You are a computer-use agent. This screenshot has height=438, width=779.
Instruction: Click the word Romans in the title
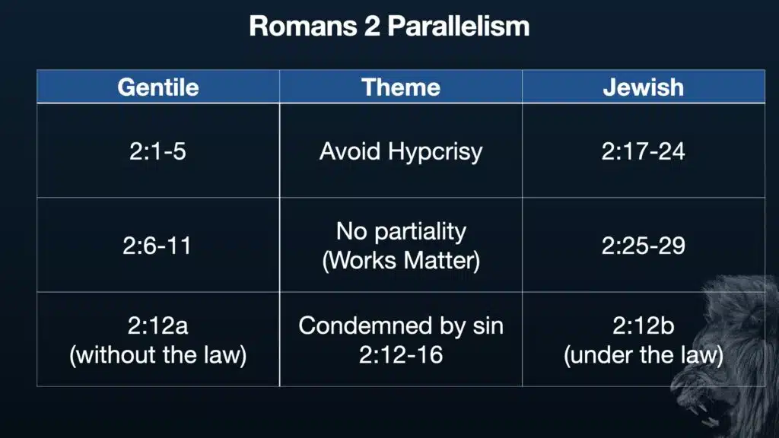pos(303,26)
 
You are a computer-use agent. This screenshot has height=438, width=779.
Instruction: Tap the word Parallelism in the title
pos(459,26)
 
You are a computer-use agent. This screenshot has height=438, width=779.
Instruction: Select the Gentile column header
pos(158,87)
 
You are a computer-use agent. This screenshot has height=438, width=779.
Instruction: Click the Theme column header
pos(401,87)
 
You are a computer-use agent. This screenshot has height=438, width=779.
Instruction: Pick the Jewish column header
pos(644,87)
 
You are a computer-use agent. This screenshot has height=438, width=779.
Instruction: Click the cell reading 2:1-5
pos(158,151)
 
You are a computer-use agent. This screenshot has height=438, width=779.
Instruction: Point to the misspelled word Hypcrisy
pos(435,152)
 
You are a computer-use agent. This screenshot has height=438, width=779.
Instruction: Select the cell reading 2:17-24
pos(644,151)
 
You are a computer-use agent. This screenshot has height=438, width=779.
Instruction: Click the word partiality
pos(420,231)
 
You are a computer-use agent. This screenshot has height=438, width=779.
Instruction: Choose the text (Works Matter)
pos(401,261)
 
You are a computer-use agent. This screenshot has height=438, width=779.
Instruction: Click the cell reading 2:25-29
pos(644,246)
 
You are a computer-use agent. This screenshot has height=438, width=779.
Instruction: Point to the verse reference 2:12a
pos(158,325)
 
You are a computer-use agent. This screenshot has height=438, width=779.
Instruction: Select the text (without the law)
pos(158,355)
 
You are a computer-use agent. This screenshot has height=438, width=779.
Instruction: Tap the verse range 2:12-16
pos(401,355)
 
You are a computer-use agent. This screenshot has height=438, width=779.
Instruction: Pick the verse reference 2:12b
pos(644,325)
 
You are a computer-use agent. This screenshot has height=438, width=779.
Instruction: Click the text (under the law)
pos(644,355)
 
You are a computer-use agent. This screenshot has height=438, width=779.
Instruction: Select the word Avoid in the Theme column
pos(350,151)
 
